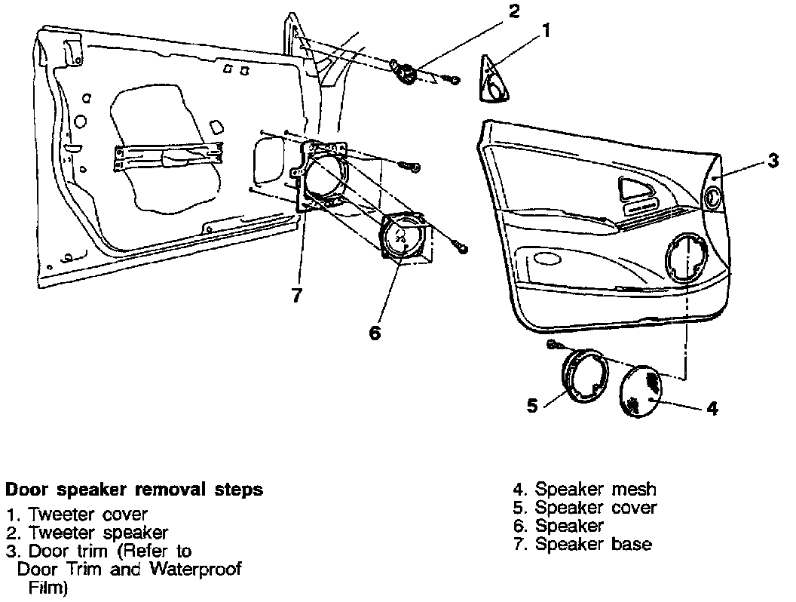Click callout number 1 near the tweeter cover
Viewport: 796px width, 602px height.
click(x=546, y=31)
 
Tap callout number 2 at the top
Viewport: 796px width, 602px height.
click(x=513, y=11)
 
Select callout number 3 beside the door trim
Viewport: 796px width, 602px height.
click(x=773, y=161)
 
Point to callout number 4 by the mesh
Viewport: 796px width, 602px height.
click(x=712, y=408)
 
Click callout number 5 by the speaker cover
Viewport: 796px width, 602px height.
click(x=532, y=405)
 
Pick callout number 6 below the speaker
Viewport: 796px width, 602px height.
click(x=375, y=332)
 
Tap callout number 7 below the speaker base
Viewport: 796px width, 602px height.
click(x=297, y=296)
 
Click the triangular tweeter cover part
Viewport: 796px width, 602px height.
click(x=495, y=78)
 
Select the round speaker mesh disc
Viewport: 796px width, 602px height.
click(x=640, y=390)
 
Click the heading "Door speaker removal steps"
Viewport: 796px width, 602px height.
click(x=135, y=490)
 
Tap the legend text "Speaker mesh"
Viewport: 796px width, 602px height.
click(x=595, y=490)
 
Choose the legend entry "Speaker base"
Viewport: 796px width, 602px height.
click(x=593, y=544)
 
